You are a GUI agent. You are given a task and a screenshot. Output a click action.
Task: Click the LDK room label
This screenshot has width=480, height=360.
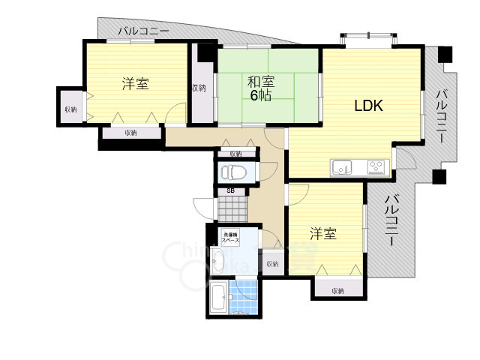368,106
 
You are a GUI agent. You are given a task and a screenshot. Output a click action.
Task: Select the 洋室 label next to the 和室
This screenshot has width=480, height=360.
136,84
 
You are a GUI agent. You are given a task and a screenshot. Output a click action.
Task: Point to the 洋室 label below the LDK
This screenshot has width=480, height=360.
323,234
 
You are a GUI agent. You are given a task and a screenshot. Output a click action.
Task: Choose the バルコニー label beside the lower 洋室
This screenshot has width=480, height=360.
391,221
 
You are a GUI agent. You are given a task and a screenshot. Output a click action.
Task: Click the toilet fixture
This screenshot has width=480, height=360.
234,172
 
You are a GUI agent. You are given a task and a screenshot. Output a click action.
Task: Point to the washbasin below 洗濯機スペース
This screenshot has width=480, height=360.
218,262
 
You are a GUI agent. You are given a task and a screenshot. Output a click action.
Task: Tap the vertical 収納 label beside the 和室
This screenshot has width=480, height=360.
199,88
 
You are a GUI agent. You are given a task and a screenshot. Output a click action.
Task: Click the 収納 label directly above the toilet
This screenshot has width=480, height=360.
235,154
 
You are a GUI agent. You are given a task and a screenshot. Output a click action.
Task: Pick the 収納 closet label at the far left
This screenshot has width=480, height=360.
70,109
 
